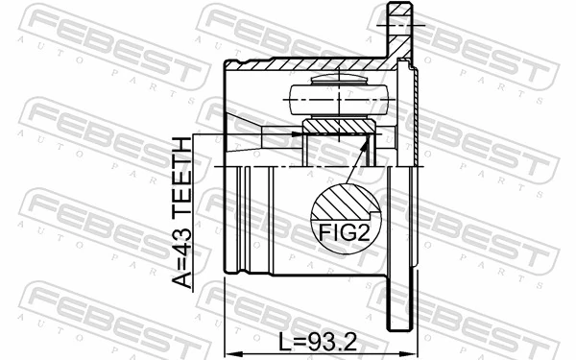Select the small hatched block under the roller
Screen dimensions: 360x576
coord(337,127)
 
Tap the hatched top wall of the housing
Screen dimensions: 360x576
coord(307,66)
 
